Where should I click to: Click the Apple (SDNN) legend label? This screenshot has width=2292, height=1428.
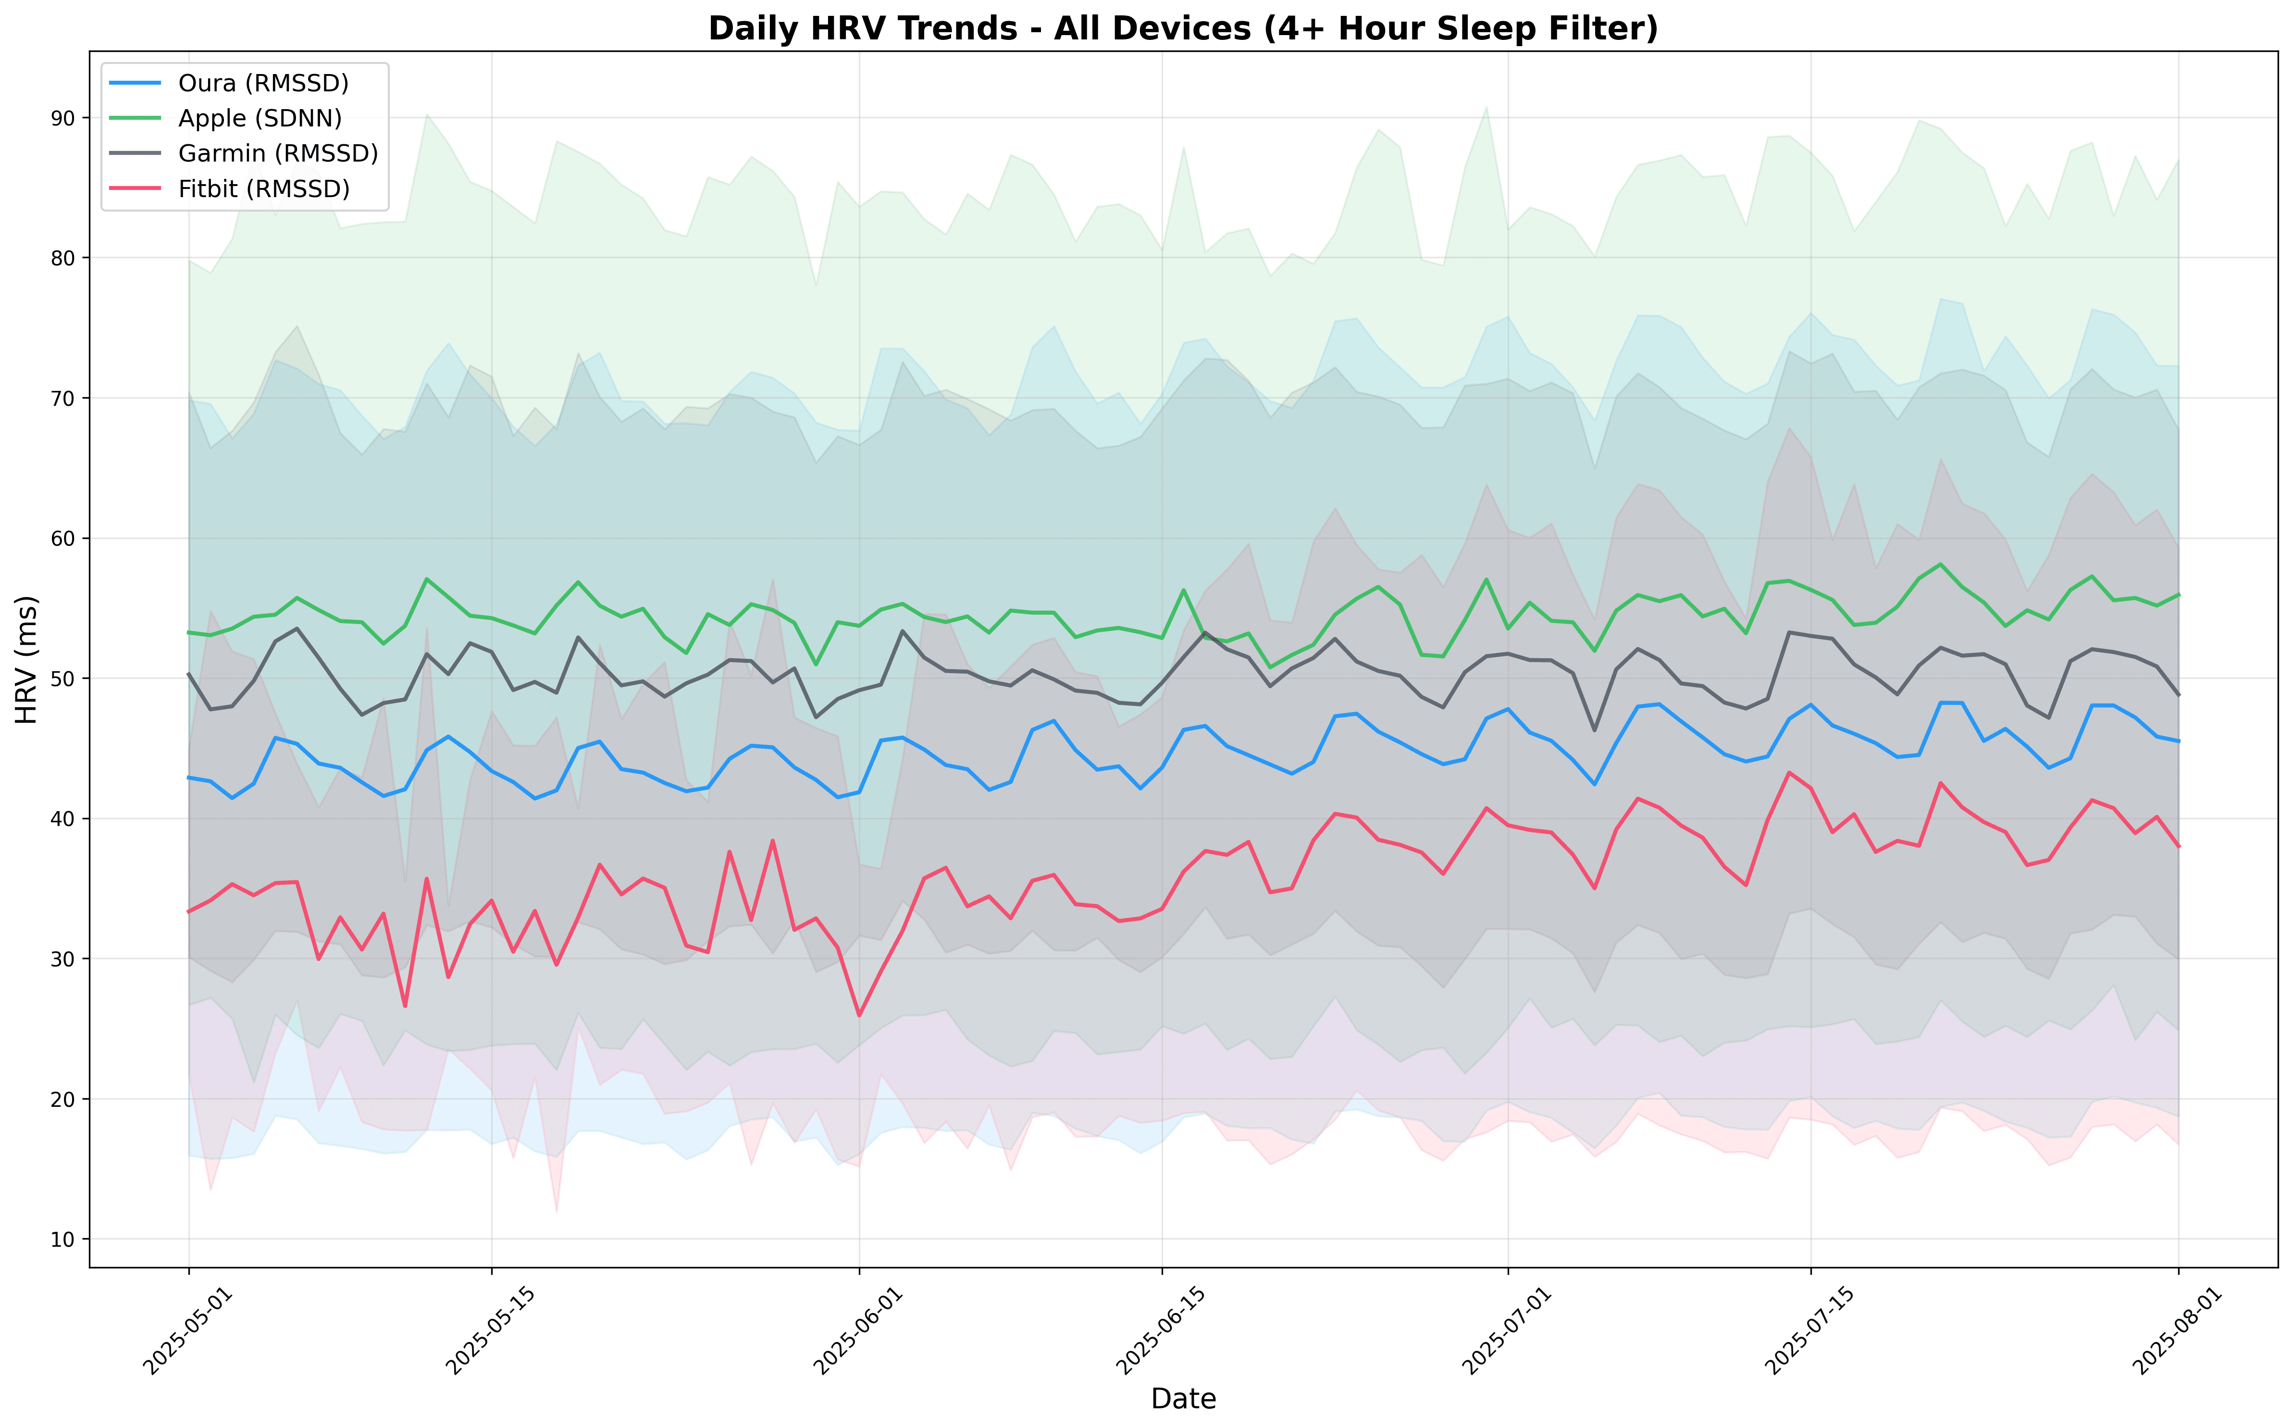coord(260,118)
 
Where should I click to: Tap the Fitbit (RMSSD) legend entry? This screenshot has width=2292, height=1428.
coord(263,189)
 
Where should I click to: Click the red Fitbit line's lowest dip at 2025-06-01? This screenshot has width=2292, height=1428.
coord(859,1015)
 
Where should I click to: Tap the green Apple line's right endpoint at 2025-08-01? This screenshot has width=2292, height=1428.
coord(2179,594)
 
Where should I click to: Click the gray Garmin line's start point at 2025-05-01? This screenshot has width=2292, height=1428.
coord(189,674)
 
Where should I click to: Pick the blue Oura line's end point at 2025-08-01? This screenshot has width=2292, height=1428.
coord(2179,741)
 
